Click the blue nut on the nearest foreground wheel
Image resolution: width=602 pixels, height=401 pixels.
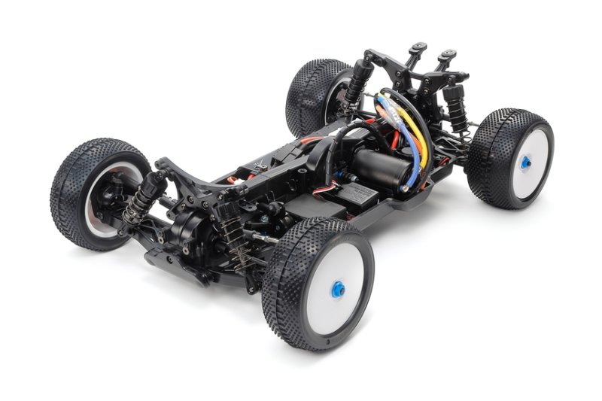[x=338, y=289]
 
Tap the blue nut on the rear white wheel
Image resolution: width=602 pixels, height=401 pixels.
[x=524, y=160]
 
